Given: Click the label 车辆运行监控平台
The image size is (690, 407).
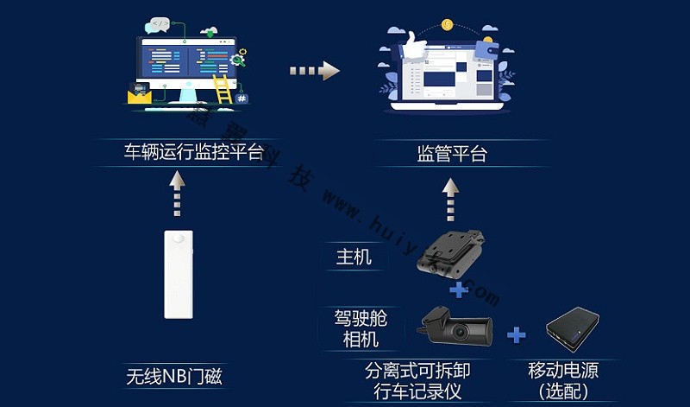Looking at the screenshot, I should tap(193, 155).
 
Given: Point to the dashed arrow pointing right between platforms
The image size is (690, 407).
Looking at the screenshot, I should tap(311, 71).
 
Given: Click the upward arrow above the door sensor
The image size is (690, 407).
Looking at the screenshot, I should tap(178, 192).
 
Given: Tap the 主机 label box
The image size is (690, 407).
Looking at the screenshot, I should tap(354, 257).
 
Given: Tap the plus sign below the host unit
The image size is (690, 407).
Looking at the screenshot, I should tap(459, 289).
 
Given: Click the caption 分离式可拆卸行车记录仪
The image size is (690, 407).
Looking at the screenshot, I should tap(417, 381).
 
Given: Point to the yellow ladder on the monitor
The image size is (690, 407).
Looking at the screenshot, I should tap(223, 88).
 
